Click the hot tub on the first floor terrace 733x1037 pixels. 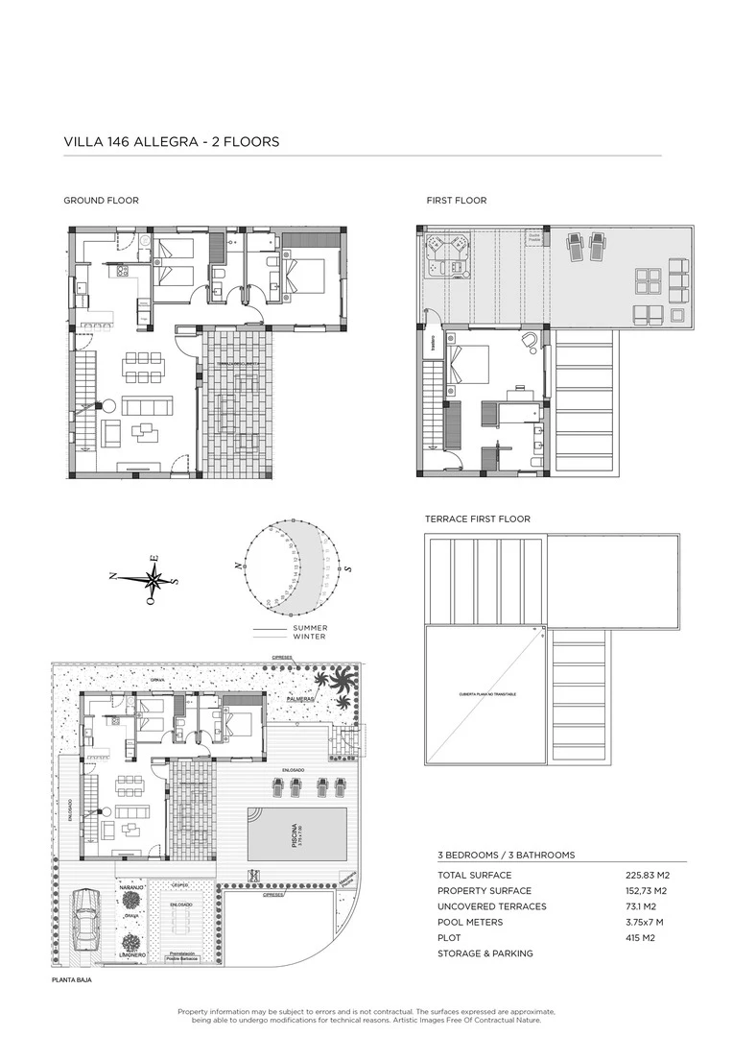447,255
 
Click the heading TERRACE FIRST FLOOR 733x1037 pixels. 477,518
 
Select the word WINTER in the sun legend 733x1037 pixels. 309,637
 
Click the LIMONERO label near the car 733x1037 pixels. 131,955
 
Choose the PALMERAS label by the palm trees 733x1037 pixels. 300,699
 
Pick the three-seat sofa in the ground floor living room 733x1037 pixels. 144,406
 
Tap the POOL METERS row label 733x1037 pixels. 470,922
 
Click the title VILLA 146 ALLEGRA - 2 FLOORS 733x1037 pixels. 171,141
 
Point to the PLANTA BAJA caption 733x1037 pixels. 74,980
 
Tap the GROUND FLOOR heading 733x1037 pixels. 101,201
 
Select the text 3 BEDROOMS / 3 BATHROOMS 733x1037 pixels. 506,855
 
